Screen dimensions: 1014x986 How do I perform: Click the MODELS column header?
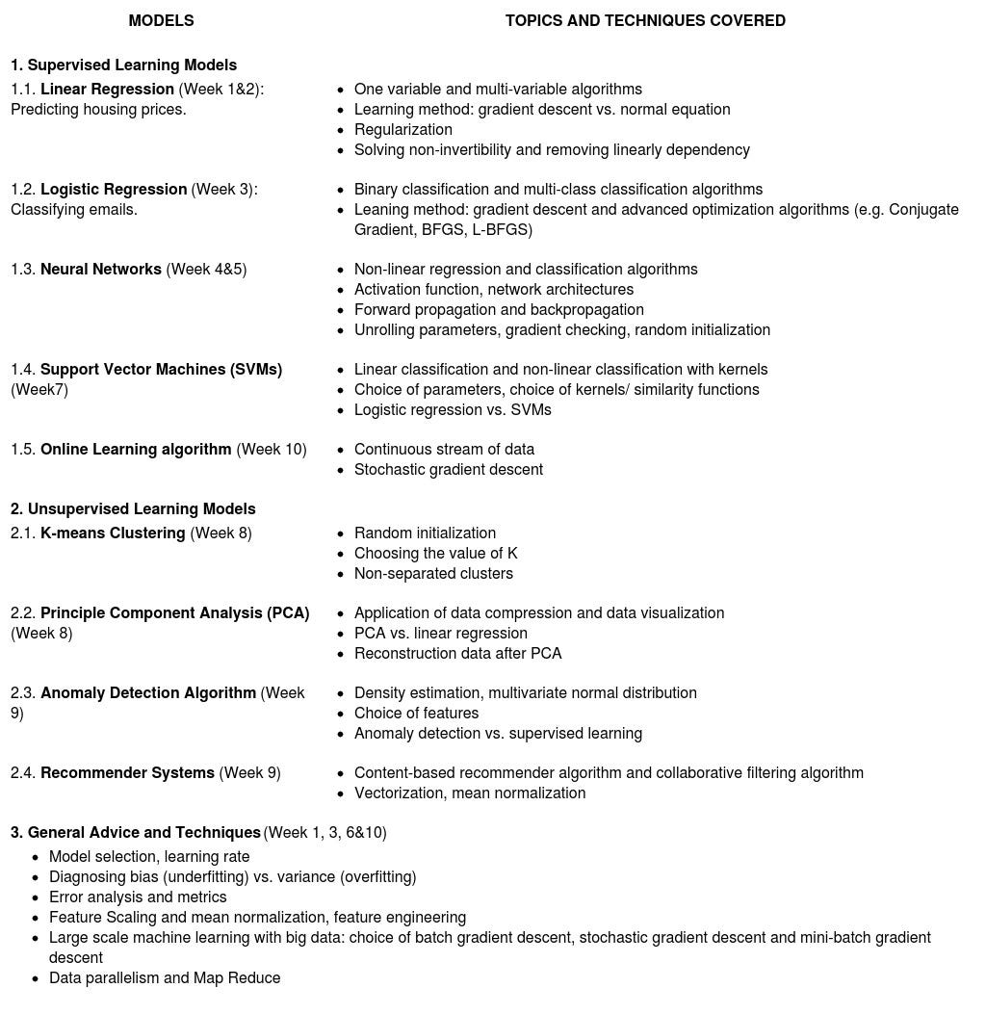[161, 20]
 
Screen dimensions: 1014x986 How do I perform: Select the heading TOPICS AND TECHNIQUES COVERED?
[645, 20]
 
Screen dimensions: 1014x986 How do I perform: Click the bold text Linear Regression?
[107, 90]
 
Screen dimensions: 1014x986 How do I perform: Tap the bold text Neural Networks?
[101, 270]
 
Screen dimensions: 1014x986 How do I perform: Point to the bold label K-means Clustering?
[113, 533]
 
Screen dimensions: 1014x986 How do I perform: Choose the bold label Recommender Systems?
[127, 773]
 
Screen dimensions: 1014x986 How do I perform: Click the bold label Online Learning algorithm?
[136, 450]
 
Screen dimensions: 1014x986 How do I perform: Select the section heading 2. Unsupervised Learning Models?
[133, 509]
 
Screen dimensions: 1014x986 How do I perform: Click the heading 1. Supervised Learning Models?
[123, 65]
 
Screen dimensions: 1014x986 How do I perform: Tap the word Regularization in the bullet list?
[402, 130]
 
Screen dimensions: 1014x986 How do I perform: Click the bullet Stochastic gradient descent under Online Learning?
[448, 470]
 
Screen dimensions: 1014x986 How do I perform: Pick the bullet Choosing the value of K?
[435, 554]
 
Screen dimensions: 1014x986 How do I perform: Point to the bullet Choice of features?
[416, 714]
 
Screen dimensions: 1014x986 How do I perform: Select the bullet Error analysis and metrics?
[138, 897]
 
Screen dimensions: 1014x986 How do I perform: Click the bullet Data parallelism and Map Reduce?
[165, 978]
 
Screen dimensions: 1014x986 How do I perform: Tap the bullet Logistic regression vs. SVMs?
[453, 410]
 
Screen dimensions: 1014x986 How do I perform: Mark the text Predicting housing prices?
[98, 110]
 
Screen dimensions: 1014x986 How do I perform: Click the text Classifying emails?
[74, 210]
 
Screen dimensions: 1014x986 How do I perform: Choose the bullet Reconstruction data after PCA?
[457, 654]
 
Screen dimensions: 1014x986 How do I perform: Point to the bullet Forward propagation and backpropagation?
[499, 310]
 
